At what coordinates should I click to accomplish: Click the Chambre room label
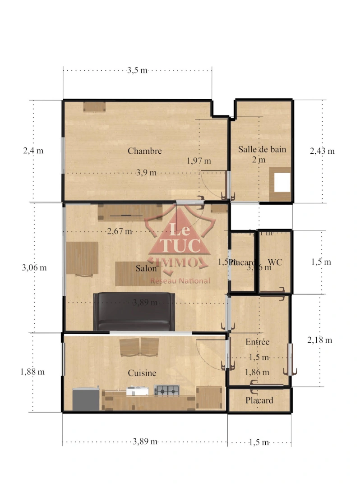pos(144,151)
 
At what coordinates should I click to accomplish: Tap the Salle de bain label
pos(262,149)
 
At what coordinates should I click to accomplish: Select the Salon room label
pos(146,268)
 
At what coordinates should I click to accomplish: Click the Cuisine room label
pos(142,373)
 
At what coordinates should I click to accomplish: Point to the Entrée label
pos(257,342)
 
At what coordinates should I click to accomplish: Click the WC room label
pos(275,262)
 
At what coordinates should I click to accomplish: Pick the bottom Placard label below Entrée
pos(259,400)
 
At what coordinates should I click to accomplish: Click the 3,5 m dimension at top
pos(137,70)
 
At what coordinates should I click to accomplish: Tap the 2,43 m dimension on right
pos(322,151)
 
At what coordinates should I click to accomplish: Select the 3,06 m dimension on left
pos(34,267)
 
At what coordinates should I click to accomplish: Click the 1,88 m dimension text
pos(32,372)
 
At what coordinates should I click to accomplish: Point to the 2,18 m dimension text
pos(319,340)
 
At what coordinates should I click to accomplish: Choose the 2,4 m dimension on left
pos(33,151)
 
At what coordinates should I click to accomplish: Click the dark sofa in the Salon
pos(134,311)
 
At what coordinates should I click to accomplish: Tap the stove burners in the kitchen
pos(166,390)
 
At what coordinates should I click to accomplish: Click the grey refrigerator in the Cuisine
pos(86,399)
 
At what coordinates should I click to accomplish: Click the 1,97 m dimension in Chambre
pos(199,161)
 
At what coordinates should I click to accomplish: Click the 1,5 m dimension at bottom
pos(259,442)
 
